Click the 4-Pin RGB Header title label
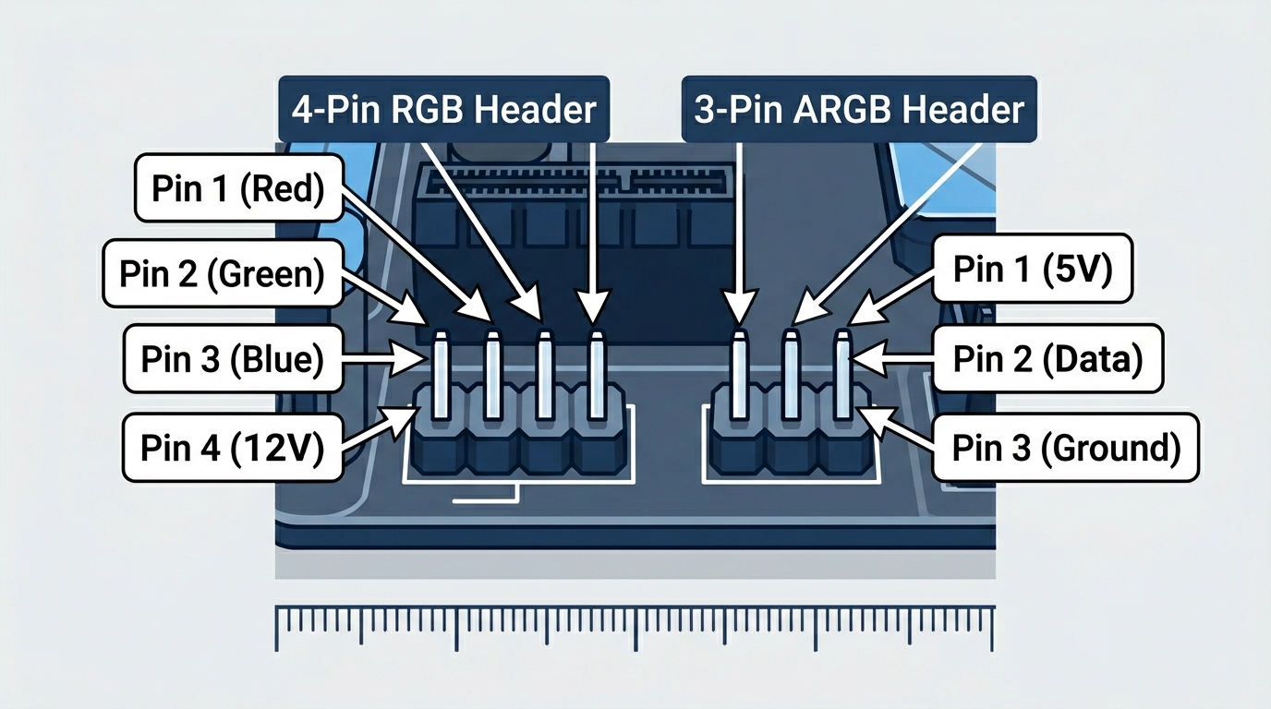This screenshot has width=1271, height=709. (x=443, y=110)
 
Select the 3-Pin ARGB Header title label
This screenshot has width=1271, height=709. (x=859, y=110)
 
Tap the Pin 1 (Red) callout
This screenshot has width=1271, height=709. (x=238, y=189)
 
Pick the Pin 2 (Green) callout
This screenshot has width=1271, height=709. (x=222, y=273)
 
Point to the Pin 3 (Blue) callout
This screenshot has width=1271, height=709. (x=233, y=359)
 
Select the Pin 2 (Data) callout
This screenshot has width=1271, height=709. (x=1047, y=358)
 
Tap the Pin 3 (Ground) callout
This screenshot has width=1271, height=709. (x=1066, y=448)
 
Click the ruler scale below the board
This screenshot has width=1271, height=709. (x=635, y=628)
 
